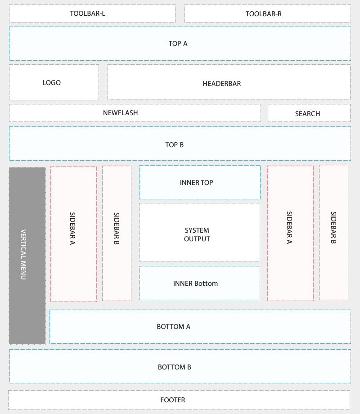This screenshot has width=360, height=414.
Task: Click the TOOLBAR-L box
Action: (92, 13)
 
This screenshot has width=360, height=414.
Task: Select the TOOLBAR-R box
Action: (267, 13)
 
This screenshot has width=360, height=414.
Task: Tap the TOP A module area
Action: (180, 44)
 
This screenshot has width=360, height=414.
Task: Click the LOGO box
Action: (54, 82)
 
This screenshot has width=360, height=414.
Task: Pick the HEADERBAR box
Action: (229, 82)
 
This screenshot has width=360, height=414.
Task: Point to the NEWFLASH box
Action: (135, 113)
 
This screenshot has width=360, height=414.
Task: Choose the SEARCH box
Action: (309, 113)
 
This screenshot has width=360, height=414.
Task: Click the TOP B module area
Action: (180, 144)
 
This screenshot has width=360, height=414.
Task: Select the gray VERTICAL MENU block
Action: (27, 256)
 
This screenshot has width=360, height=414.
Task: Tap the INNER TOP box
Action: (199, 182)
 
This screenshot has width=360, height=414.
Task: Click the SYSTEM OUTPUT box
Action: (199, 232)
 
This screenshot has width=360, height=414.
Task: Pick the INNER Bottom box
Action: (199, 283)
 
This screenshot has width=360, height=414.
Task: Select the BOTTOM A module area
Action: (200, 327)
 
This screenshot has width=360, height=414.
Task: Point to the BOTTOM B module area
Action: (180, 366)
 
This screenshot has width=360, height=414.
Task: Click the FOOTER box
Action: (179, 400)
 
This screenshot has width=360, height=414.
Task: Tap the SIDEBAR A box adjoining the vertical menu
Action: (73, 234)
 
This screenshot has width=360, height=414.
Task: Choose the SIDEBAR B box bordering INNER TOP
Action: (117, 233)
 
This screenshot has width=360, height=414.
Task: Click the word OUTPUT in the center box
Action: (197, 239)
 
